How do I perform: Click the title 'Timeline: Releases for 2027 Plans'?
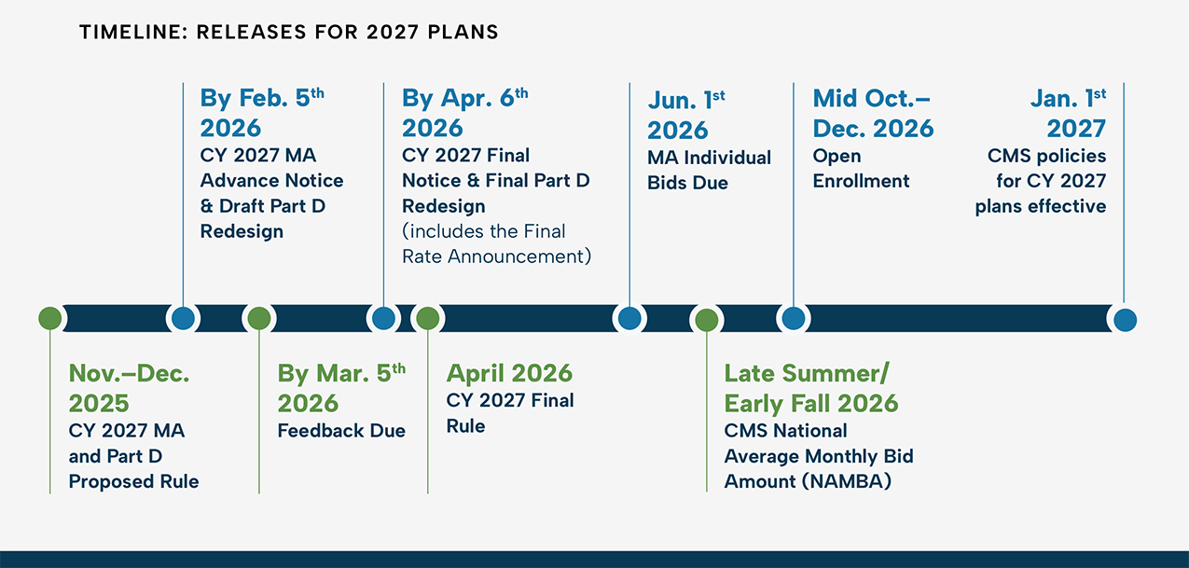(289, 32)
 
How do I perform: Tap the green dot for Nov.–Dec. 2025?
(50, 318)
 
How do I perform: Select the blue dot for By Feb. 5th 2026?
(183, 318)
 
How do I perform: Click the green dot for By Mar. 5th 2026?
(259, 318)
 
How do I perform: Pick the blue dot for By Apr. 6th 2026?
(383, 318)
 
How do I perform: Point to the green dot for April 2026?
(428, 318)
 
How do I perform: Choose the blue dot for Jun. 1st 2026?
(629, 318)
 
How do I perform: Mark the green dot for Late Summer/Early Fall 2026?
(707, 320)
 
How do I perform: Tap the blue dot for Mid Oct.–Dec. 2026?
(794, 318)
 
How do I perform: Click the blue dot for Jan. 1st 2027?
(1125, 320)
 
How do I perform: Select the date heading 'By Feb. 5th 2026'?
(262, 113)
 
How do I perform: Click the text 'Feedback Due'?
(341, 431)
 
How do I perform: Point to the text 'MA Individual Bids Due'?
(709, 170)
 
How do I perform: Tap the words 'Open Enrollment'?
(861, 168)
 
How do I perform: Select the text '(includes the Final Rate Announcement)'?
(497, 243)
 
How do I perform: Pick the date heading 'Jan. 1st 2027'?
(1069, 113)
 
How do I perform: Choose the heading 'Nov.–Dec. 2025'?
(129, 388)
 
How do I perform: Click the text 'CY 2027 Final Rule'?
(510, 413)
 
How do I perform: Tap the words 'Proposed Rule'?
(133, 481)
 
